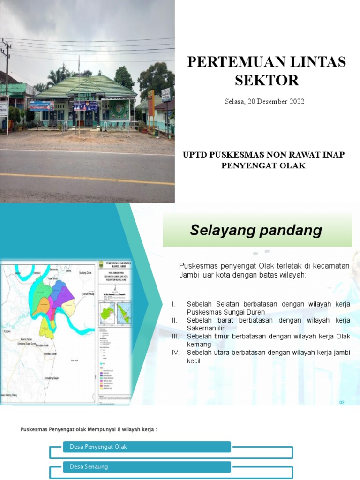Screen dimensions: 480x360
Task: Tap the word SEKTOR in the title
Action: tap(266, 80)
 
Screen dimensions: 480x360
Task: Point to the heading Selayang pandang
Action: tap(256, 230)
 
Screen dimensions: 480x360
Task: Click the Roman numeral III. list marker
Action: tap(176, 337)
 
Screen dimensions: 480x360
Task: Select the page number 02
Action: tap(342, 402)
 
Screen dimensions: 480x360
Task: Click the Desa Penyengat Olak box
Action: tap(147, 447)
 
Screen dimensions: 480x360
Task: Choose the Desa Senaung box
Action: tap(147, 467)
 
